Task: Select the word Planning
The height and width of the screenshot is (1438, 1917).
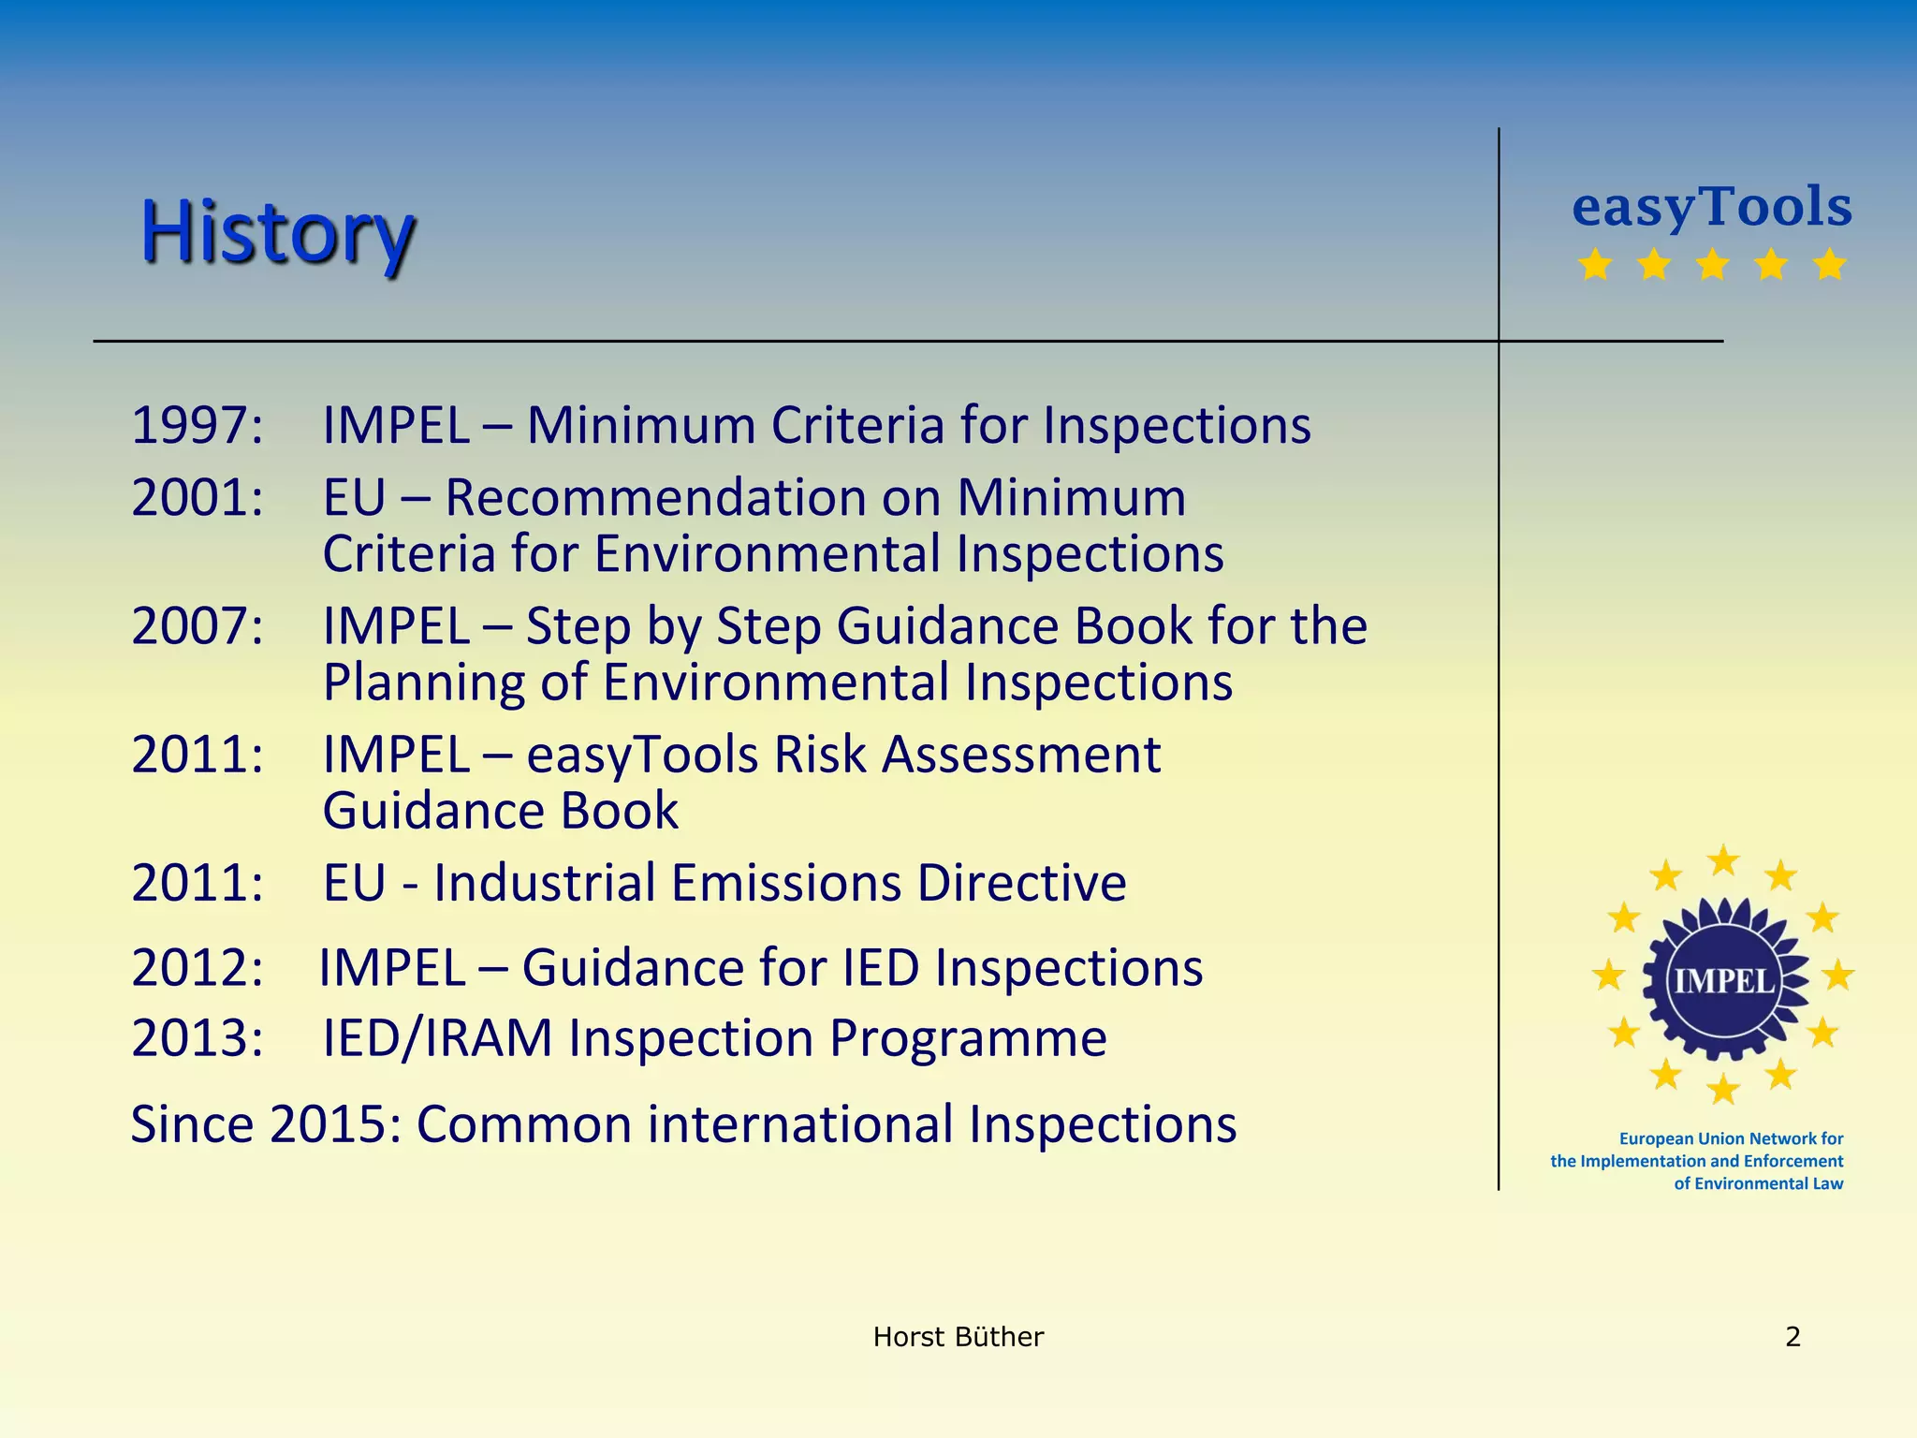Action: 422,682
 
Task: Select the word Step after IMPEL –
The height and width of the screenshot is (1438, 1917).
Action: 578,625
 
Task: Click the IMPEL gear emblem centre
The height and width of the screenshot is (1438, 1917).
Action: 1723,979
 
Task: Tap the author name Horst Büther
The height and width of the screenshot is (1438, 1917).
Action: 958,1337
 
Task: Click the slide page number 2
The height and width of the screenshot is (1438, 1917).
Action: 1793,1337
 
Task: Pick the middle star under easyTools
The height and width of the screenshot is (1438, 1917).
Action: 1712,265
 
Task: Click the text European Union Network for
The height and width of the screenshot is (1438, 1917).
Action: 1730,1138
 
